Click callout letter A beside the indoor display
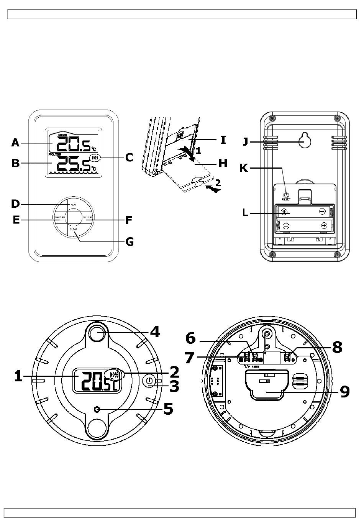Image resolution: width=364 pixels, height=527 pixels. [x=15, y=143]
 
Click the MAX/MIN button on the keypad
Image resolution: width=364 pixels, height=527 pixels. [x=59, y=218]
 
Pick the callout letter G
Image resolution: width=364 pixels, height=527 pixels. [x=130, y=242]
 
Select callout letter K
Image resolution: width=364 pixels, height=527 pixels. [x=244, y=168]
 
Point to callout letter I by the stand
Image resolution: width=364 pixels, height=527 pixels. [x=223, y=140]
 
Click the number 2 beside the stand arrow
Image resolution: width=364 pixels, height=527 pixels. [x=217, y=183]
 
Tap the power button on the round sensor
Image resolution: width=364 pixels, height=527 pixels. [x=150, y=382]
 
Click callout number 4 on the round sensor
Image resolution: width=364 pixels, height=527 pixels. [x=155, y=332]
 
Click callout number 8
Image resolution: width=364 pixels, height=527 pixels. [x=337, y=347]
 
